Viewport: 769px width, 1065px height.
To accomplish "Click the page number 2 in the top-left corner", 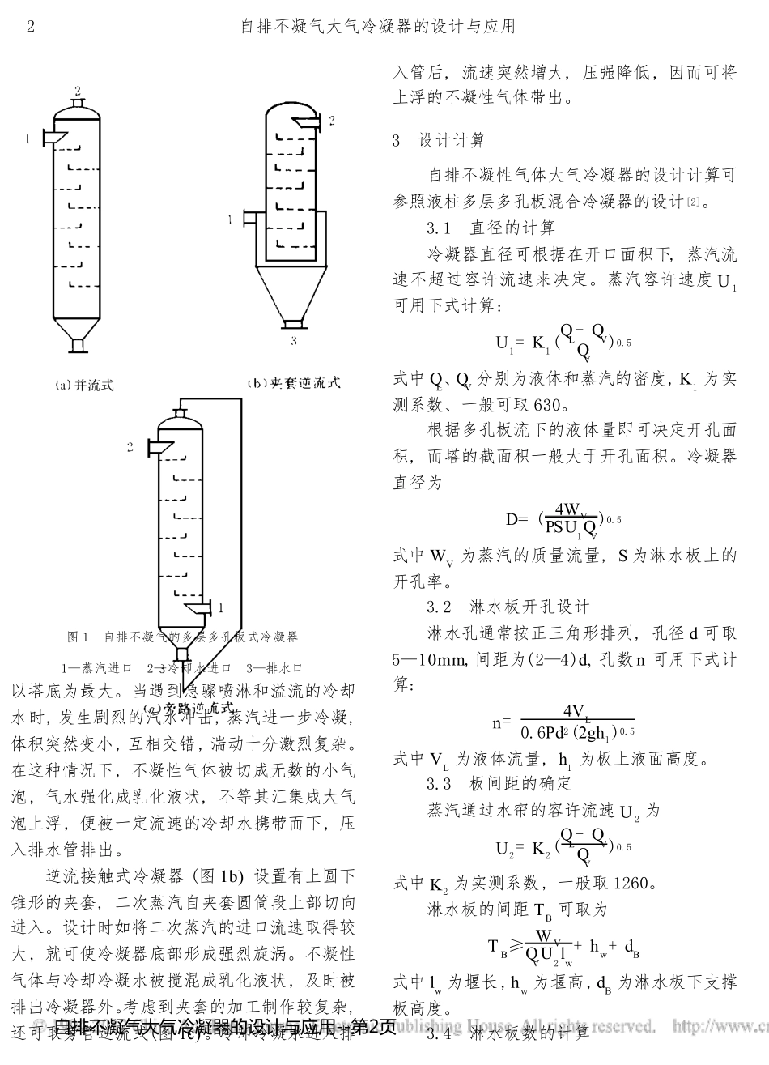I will tap(31, 27).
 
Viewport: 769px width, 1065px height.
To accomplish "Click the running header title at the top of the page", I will tap(378, 27).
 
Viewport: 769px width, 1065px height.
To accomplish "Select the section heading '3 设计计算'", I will tap(439, 141).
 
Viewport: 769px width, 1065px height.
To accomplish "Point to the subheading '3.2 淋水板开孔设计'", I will tap(508, 607).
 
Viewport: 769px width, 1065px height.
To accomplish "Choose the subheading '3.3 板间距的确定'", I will tap(499, 783).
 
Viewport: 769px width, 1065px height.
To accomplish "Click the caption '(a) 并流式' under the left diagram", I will tap(84, 386).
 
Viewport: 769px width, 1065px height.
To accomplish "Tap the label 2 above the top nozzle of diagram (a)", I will tap(78, 89).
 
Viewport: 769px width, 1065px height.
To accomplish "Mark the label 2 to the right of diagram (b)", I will tap(331, 121).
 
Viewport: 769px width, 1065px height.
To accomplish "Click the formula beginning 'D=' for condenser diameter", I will tap(563, 518).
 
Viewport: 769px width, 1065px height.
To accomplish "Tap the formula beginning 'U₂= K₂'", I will tap(563, 847).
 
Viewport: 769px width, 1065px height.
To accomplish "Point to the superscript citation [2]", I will tap(693, 198).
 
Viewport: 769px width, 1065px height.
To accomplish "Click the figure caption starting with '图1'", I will tap(182, 637).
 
